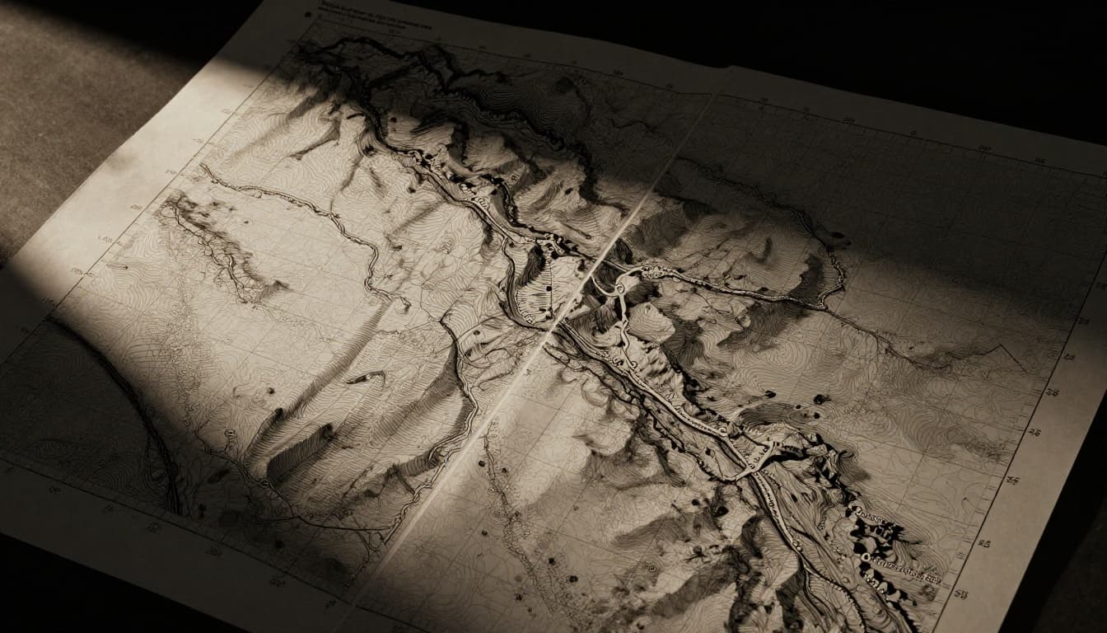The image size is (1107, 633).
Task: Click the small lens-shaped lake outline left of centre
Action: point(367,377)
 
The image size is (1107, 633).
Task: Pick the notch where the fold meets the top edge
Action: point(725,71)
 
